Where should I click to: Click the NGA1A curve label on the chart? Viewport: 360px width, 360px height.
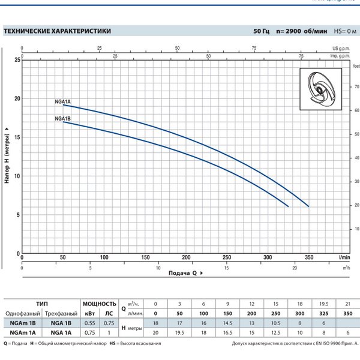pos(63,102)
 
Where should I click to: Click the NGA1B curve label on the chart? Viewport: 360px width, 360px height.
pos(63,119)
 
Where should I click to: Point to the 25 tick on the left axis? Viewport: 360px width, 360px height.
pos(17,60)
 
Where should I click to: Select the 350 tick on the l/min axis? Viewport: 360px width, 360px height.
pos(309,257)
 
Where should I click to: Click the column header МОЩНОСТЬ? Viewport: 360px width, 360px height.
pos(100,304)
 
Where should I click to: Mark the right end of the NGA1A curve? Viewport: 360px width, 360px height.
pos(308,206)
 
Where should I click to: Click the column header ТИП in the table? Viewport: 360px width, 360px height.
pos(42,304)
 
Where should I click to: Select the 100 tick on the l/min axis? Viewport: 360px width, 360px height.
pos(104,257)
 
